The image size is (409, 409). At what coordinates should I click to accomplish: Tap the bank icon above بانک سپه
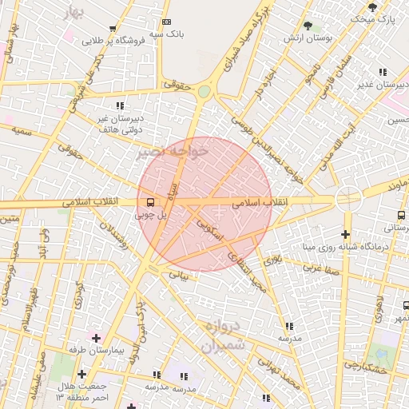click(x=166, y=22)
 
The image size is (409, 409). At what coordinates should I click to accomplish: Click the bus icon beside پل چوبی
click(x=150, y=201)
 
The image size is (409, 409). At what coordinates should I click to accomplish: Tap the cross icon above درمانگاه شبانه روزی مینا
click(x=345, y=234)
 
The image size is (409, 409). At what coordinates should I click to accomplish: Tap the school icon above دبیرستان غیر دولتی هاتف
click(x=120, y=105)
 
